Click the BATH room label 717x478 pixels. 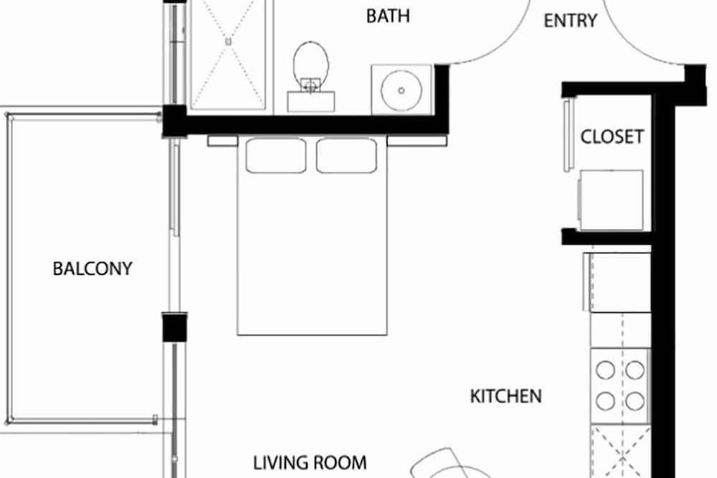pos(388,16)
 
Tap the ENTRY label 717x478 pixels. pos(570,21)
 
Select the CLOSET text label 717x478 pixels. pos(612,136)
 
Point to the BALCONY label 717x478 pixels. pos(92,268)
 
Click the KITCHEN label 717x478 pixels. pos(505,396)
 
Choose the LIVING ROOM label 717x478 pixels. pos(310,463)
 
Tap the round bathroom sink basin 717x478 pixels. pos(401,90)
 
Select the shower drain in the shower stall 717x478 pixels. pos(228,42)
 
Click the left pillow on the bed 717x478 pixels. pos(276,156)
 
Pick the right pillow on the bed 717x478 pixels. pos(346,156)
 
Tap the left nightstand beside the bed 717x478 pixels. pos(223,141)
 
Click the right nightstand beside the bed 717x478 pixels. pos(417,141)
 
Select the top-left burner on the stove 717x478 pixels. pos(605,370)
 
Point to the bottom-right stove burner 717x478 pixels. pos(635,401)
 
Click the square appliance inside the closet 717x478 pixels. pos(611,200)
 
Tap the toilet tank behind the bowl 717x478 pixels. pos(311,101)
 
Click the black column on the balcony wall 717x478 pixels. pos(175,327)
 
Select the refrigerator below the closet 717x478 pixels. pos(617,283)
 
